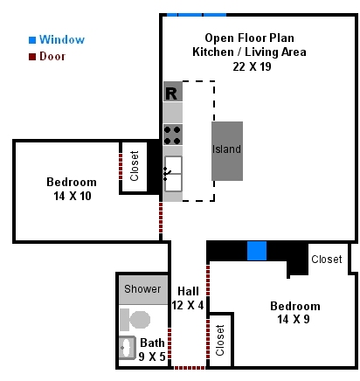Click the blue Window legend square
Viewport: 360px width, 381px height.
[32, 40]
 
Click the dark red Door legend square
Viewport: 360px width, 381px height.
[32, 57]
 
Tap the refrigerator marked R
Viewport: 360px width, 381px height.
[173, 92]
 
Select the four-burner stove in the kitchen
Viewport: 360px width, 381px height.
[173, 135]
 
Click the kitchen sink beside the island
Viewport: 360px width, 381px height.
[173, 174]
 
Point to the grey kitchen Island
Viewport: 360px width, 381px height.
[227, 151]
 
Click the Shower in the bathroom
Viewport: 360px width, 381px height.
[143, 289]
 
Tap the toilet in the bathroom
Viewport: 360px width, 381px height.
[135, 320]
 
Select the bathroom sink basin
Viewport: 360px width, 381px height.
[128, 348]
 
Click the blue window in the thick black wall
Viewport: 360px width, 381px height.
[257, 251]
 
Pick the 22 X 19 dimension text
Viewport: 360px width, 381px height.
[252, 66]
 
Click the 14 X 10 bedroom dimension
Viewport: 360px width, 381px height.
[73, 196]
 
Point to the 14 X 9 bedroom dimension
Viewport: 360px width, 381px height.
[294, 319]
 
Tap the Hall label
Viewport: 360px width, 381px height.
[189, 291]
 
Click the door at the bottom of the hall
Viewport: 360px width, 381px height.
[190, 368]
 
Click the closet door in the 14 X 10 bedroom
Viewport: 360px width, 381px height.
[121, 166]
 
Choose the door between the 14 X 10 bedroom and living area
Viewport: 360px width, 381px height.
[161, 218]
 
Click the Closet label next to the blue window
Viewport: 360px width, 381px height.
[327, 260]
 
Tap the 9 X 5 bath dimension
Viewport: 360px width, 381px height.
[152, 357]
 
